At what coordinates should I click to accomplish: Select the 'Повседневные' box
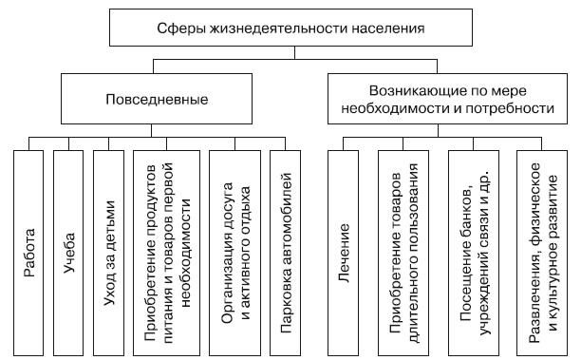[x=157, y=99]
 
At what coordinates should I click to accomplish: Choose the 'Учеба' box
[x=68, y=252]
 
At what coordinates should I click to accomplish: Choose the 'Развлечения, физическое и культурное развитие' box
[x=541, y=252]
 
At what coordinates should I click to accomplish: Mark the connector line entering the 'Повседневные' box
[x=157, y=66]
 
